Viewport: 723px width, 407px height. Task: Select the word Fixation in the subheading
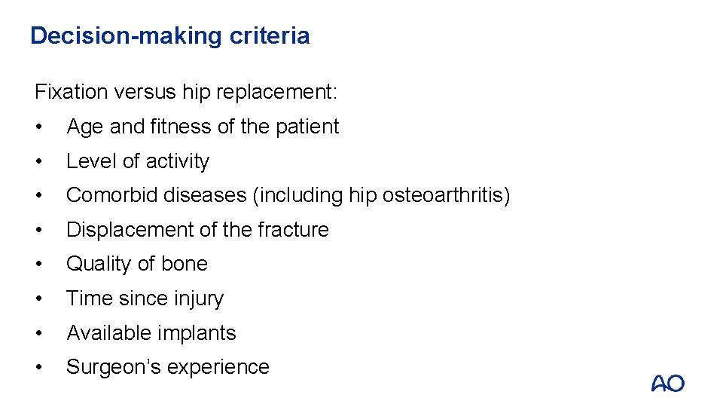[72, 93]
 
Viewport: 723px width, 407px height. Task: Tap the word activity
[177, 161]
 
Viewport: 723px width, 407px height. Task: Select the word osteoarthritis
[441, 196]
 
